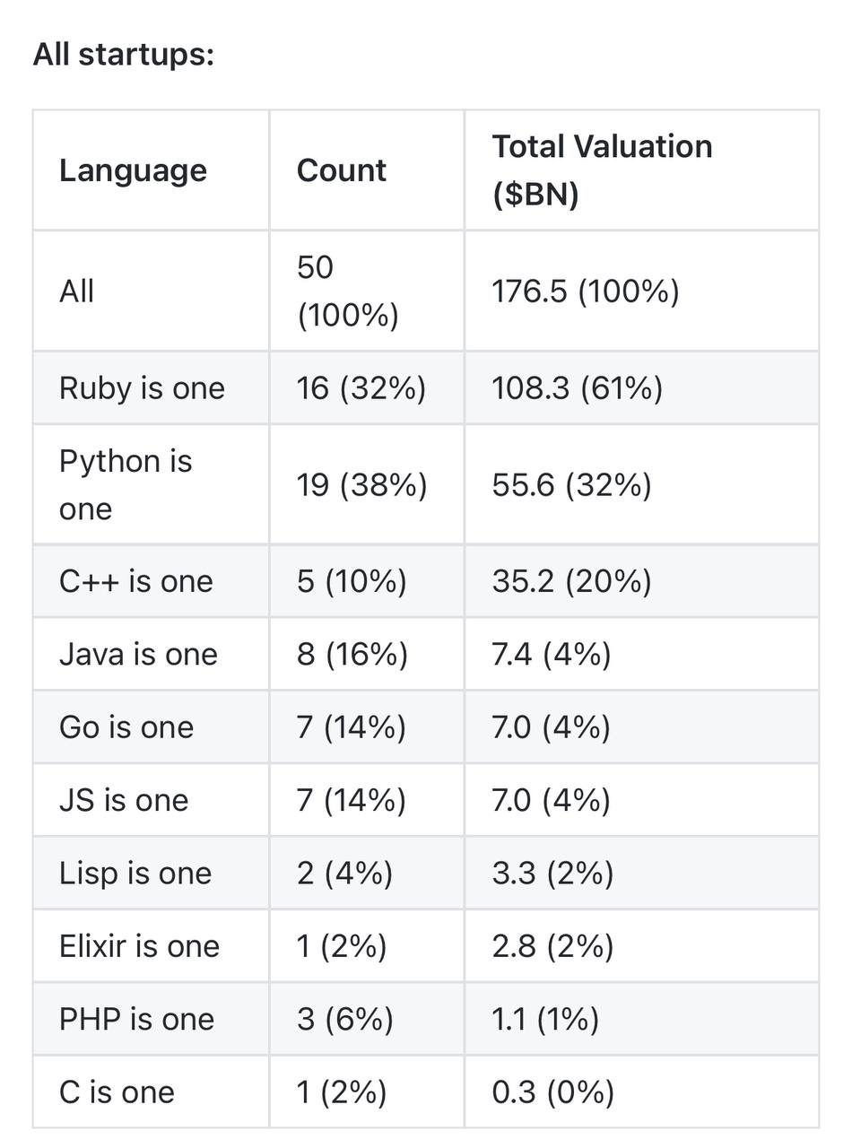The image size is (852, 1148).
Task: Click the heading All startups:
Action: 124,55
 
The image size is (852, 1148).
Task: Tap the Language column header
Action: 133,170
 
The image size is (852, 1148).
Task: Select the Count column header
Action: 341,170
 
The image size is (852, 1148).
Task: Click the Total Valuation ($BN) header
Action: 602,170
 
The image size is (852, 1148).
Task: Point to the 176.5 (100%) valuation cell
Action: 586,291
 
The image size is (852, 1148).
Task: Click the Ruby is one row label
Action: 142,388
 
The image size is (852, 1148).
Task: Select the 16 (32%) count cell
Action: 361,388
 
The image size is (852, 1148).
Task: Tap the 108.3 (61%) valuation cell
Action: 577,388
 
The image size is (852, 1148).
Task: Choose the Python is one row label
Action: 126,484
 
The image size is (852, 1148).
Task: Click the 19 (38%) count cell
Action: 361,485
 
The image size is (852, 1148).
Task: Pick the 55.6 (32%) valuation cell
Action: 571,485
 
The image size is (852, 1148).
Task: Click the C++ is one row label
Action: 136,581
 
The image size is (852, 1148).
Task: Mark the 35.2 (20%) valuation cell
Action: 571,581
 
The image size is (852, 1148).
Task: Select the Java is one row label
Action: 138,654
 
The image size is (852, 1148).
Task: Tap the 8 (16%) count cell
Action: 352,654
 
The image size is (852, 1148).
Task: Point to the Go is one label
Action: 126,727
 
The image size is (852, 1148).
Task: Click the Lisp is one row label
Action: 135,874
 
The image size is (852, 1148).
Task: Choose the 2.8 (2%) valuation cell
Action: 552,946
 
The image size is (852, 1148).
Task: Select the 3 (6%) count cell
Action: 345,1020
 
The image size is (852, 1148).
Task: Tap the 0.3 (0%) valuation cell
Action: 552,1092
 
